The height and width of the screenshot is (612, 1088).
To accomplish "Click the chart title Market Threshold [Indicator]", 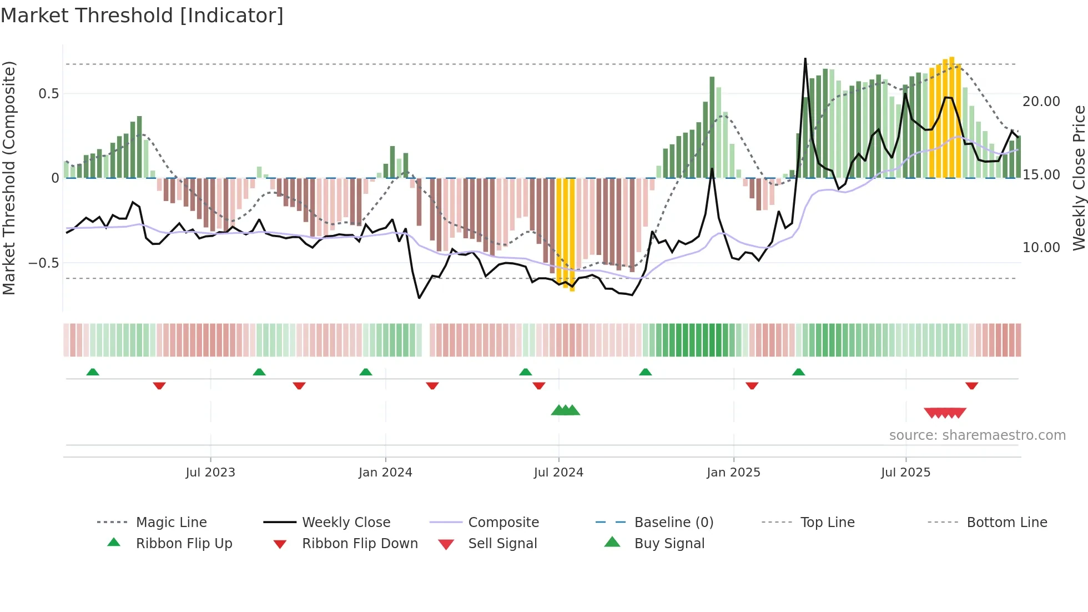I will pyautogui.click(x=142, y=16).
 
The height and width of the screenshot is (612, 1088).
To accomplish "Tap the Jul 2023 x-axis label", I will pyautogui.click(x=210, y=473).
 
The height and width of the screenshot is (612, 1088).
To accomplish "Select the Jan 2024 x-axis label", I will pyautogui.click(x=385, y=473).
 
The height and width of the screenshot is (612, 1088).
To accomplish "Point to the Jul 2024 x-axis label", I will pyautogui.click(x=558, y=473).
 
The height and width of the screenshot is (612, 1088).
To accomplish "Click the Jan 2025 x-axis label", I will pyautogui.click(x=733, y=473).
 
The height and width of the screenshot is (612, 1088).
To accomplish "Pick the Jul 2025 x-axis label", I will pyautogui.click(x=905, y=473).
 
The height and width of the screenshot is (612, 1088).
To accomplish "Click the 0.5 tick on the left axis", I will pyautogui.click(x=49, y=94).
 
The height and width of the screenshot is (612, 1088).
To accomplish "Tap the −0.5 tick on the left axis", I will pyautogui.click(x=44, y=263).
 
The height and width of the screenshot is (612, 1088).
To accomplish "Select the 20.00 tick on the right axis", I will pyautogui.click(x=1041, y=102).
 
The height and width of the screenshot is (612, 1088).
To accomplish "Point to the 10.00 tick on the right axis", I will pyautogui.click(x=1041, y=248).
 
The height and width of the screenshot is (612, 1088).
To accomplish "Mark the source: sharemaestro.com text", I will pyautogui.click(x=977, y=435).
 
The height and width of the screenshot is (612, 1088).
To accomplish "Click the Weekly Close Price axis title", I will pyautogui.click(x=1079, y=178).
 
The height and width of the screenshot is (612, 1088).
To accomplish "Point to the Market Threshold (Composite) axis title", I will pyautogui.click(x=9, y=178).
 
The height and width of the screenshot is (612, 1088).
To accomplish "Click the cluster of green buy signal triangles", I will pyautogui.click(x=565, y=410).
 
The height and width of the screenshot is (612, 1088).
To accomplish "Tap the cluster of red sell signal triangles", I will pyautogui.click(x=945, y=413).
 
